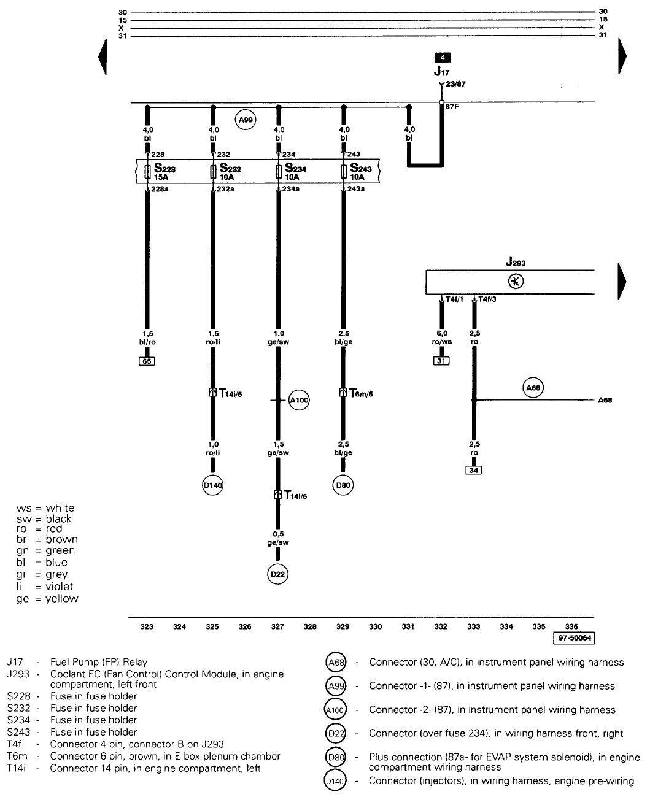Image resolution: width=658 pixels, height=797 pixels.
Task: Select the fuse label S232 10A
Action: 230,172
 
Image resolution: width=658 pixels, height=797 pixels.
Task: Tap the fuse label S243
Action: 361,172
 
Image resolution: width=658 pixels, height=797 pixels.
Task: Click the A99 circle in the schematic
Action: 246,120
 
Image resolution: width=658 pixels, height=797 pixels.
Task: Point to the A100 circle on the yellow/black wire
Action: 299,401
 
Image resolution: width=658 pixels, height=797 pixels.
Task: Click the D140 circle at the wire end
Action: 212,485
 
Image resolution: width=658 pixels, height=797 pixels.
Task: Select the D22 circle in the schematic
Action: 277,574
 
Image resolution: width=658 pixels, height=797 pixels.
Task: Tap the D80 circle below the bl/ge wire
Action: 343,485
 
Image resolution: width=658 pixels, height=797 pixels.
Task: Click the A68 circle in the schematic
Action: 533,387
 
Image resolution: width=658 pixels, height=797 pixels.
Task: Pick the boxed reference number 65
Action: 147,361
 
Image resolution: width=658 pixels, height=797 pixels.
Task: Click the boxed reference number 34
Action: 473,470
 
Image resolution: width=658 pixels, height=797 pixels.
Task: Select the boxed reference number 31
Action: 441,361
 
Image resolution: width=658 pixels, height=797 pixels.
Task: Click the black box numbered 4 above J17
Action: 442,58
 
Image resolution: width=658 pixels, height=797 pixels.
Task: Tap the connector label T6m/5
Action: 362,393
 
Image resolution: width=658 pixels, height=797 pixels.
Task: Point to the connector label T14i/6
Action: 295,495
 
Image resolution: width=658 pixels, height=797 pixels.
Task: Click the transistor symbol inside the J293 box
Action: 516,282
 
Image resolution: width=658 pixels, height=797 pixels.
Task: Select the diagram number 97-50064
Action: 574,638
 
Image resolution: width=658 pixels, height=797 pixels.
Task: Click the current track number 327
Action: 277,626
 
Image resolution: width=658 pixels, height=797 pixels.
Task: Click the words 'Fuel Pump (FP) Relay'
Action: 99,662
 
